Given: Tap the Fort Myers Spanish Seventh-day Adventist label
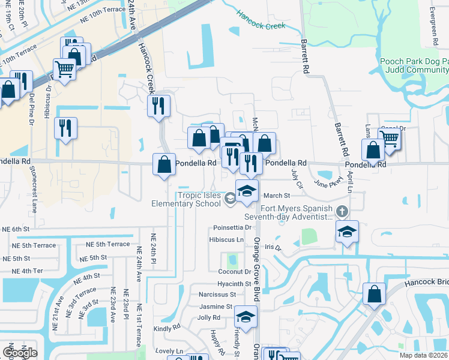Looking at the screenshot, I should [288, 212].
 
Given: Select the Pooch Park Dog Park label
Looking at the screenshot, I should [414, 62].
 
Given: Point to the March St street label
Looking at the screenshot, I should [277, 196].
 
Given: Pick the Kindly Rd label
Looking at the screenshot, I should [167, 328].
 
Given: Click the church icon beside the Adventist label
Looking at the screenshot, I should [342, 211].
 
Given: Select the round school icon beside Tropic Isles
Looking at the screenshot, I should [230, 199].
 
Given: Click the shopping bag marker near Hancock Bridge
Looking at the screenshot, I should [374, 295].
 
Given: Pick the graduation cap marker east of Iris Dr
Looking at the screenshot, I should [347, 232].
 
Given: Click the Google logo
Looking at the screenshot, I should [20, 353].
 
